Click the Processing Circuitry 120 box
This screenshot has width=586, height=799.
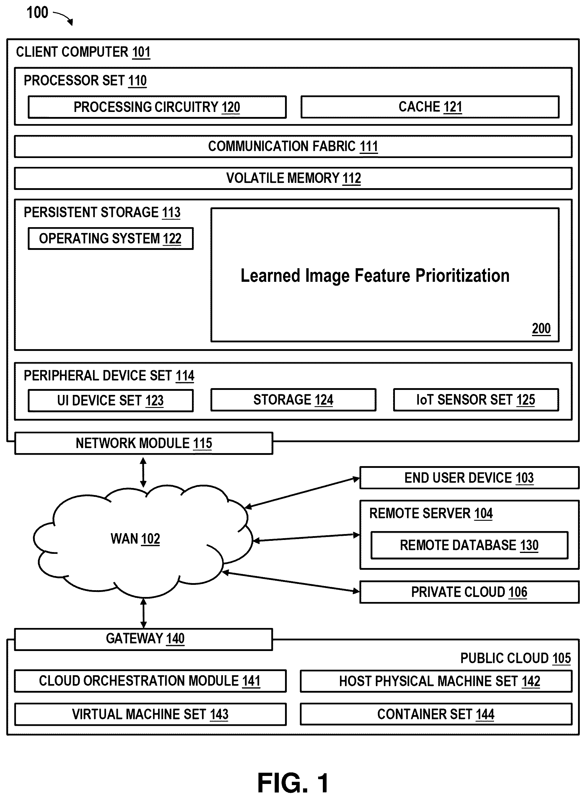coord(157,107)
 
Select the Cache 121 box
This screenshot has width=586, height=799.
coord(430,107)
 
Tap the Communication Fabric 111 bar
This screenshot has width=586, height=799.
coord(293,147)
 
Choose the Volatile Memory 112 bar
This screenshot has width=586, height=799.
coord(293,178)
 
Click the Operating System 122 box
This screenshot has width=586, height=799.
coord(111,239)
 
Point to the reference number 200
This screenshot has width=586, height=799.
coord(541,328)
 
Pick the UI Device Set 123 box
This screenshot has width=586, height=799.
coord(111,401)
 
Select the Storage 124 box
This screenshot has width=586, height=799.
coord(293,400)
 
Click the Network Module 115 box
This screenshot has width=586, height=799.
coord(144,443)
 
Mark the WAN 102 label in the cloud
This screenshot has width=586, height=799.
coord(135,539)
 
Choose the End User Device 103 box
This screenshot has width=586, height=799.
coord(469,478)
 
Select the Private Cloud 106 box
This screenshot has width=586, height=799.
coord(469,592)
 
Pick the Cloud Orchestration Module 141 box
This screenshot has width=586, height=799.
coord(150,681)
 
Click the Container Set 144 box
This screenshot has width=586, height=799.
coord(436,714)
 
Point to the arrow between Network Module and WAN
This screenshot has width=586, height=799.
coord(143,472)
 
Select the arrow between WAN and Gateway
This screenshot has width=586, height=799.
coord(143,613)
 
